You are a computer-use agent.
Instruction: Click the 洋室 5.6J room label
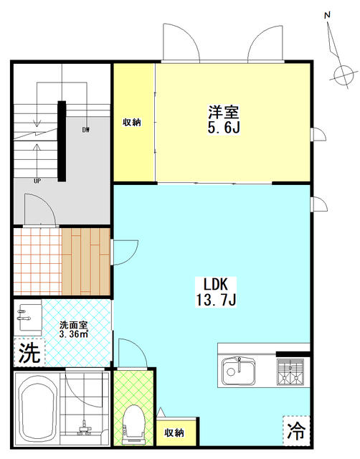coord(224,120)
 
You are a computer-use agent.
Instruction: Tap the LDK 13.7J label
coord(216,292)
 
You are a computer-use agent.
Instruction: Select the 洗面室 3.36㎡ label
coord(73,330)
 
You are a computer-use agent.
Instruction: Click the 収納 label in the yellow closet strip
coord(132,122)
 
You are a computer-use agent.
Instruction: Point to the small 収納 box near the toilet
coord(174,432)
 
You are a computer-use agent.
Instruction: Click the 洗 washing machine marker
coord(29,352)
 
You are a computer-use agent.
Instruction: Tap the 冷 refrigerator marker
coord(296,431)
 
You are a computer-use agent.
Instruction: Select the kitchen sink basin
coord(238,372)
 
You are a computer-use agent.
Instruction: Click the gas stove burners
coord(290,372)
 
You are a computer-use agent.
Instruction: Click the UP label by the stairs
coord(37,181)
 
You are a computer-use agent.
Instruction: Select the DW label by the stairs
coord(85,130)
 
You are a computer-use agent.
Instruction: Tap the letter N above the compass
coord(328,15)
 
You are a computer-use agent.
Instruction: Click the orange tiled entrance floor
coord(38,261)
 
